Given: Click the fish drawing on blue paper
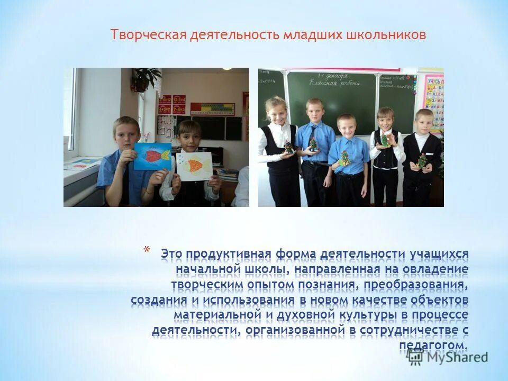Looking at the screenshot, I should coord(153,156).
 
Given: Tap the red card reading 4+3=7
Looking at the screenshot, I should coord(164,110).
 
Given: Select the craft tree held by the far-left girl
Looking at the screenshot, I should coord(289,148).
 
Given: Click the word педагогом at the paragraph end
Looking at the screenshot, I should coord(433,346).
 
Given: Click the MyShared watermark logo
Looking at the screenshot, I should coord(447,357).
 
